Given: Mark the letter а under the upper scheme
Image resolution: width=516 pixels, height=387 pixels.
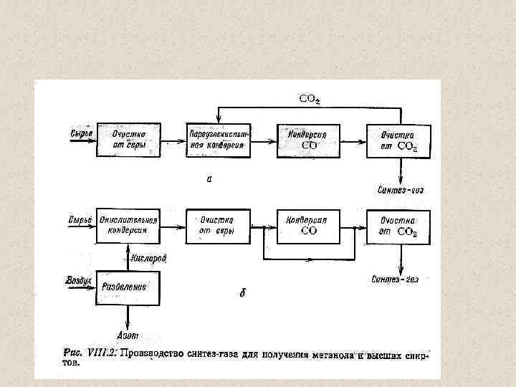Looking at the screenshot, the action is click(x=209, y=178).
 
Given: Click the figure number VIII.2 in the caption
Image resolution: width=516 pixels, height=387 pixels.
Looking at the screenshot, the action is click(x=100, y=352).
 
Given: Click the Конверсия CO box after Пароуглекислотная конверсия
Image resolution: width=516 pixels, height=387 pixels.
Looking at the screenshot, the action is click(x=308, y=140).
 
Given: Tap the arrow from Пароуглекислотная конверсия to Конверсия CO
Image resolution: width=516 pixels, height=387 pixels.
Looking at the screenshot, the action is click(x=262, y=141).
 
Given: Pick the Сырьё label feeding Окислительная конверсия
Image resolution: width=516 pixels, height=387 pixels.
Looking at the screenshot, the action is click(x=79, y=217).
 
